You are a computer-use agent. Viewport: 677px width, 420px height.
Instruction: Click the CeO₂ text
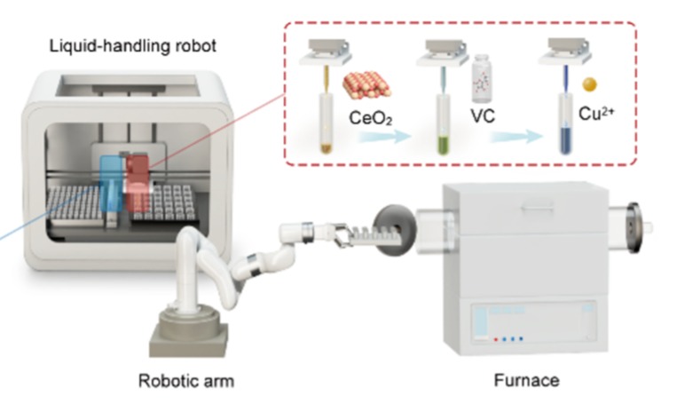371,117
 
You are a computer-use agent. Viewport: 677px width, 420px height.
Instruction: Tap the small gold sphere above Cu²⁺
588,85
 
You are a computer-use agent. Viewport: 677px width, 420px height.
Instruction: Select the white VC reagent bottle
483,80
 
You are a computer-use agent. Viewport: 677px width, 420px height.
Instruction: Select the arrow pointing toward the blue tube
515,137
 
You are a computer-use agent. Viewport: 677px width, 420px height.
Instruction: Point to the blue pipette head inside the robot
114,182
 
